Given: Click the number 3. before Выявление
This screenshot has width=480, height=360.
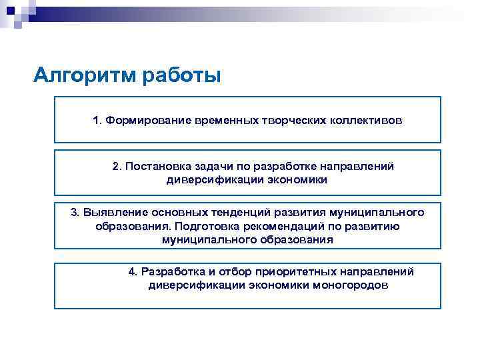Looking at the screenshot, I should click(75, 213).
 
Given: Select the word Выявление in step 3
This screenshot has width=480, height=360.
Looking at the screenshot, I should click(111, 213).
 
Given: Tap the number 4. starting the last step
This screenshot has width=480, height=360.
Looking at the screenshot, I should click(133, 272).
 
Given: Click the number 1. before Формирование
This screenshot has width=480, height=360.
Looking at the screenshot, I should click(97, 121).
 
